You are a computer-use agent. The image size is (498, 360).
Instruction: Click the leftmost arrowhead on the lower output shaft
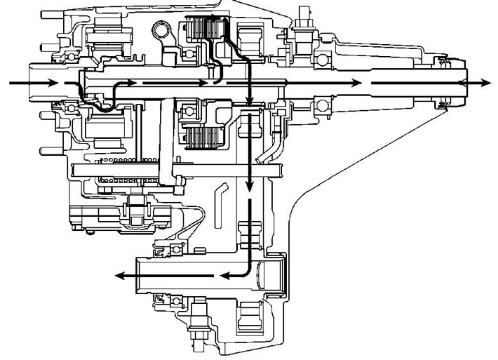[x=120, y=276]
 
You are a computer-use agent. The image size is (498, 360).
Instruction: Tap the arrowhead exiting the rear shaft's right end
[x=485, y=83]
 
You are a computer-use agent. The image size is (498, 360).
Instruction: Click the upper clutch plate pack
[x=203, y=31]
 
